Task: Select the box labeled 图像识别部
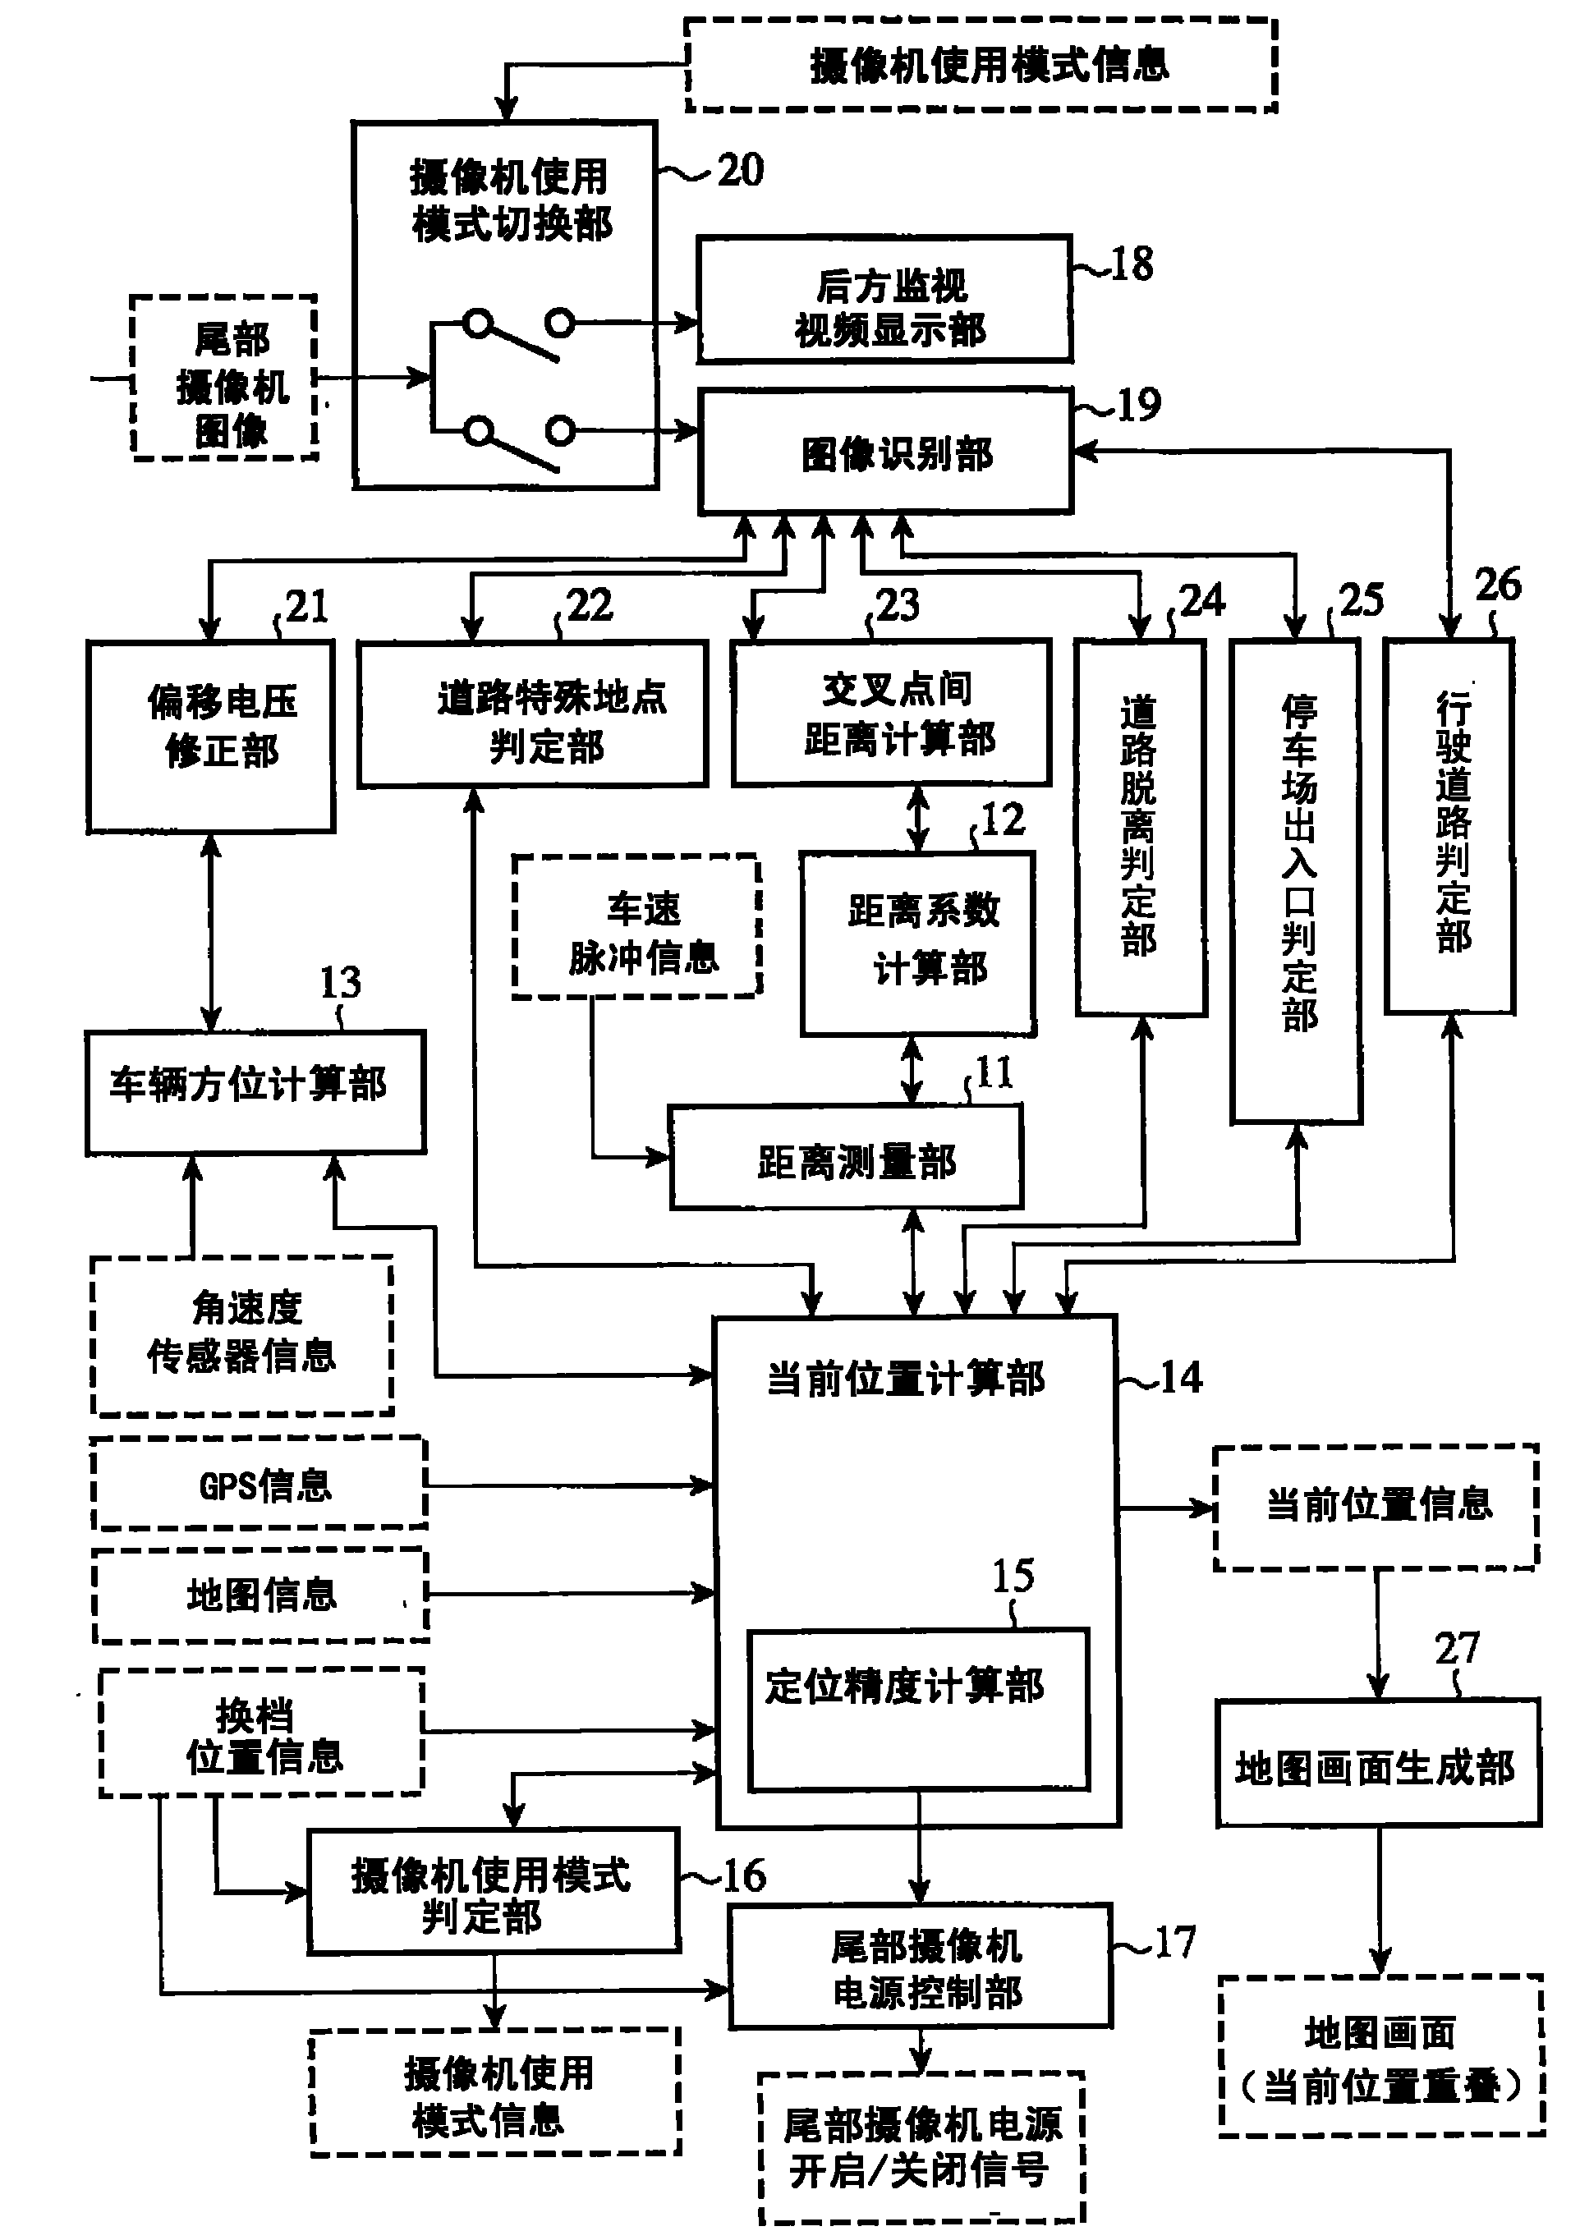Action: tap(885, 452)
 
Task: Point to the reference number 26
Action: tap(1497, 585)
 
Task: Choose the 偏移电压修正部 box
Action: tap(211, 737)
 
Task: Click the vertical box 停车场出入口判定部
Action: tap(1296, 880)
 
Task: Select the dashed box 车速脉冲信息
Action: tap(637, 927)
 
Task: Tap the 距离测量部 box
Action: tap(847, 1157)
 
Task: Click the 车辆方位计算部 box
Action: tap(255, 1092)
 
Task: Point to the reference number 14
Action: tap(1181, 1378)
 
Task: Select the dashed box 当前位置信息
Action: tap(1376, 1505)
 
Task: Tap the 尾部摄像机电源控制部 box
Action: tap(921, 1967)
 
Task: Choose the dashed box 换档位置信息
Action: tap(262, 1734)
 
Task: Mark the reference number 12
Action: tap(1002, 819)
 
